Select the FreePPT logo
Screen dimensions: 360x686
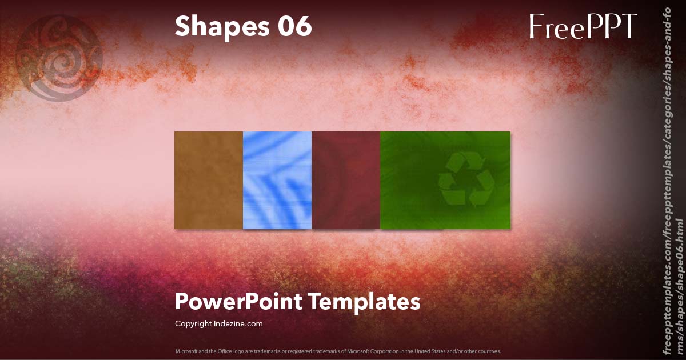[583, 26]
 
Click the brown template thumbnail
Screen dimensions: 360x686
[209, 180]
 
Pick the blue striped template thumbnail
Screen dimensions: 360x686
[277, 180]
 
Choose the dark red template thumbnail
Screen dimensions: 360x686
[346, 180]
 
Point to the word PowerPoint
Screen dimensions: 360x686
[239, 301]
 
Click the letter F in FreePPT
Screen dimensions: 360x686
[536, 26]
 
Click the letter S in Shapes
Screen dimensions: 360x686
[182, 27]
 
